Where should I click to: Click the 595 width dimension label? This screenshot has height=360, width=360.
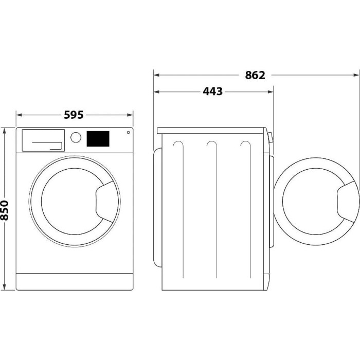(x=74, y=115)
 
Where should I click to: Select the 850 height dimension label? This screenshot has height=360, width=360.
(x=4, y=210)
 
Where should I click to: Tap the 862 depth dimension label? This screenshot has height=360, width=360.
(x=255, y=75)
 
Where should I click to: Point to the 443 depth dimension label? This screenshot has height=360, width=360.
(x=212, y=92)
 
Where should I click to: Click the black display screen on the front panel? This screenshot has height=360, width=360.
(x=98, y=139)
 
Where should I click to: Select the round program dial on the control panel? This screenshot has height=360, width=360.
(x=76, y=137)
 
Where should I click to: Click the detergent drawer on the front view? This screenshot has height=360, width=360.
(x=43, y=140)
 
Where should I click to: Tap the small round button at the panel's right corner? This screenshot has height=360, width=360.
(x=129, y=132)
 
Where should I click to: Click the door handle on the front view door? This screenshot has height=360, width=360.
(x=104, y=202)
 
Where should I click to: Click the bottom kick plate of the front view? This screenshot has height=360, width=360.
(x=75, y=282)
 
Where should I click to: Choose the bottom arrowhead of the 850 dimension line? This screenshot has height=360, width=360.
(x=4, y=287)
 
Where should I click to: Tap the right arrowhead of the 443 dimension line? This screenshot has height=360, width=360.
(x=271, y=92)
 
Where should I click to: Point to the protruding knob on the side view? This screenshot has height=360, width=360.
(x=271, y=137)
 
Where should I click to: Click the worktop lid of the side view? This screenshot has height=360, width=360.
(x=211, y=131)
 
